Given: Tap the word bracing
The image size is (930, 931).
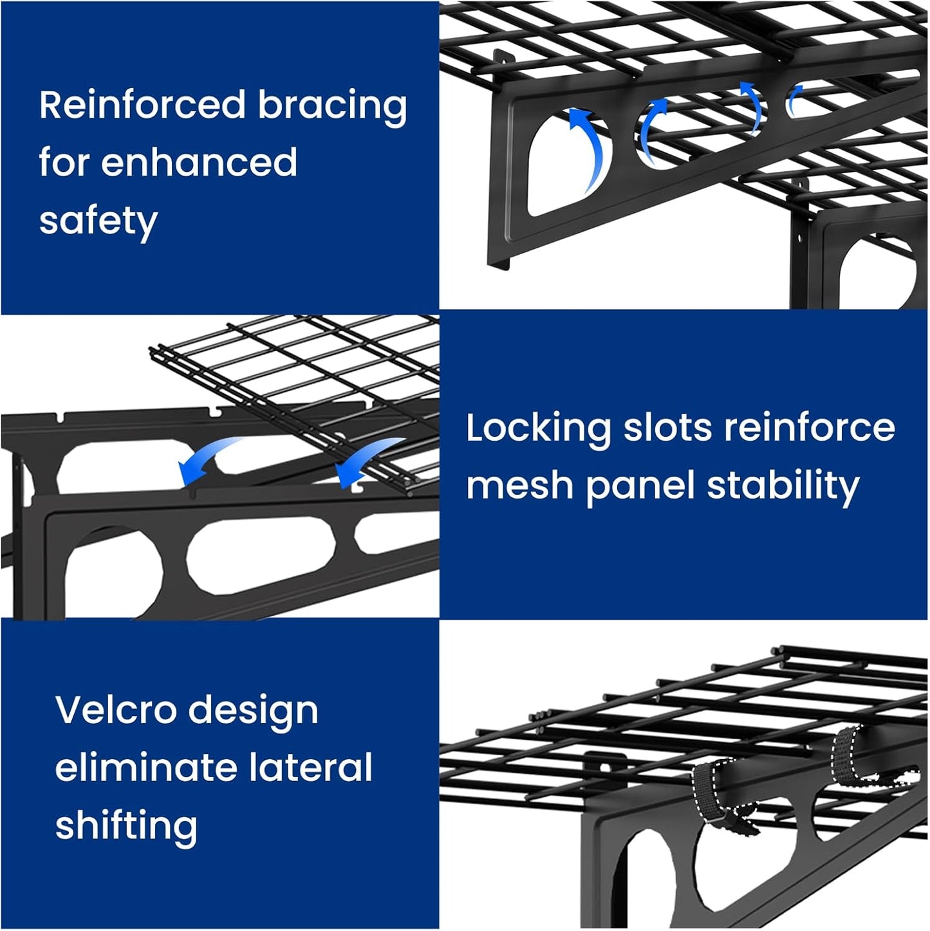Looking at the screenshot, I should [x=332, y=106].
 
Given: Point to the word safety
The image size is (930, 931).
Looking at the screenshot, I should [x=98, y=221].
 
